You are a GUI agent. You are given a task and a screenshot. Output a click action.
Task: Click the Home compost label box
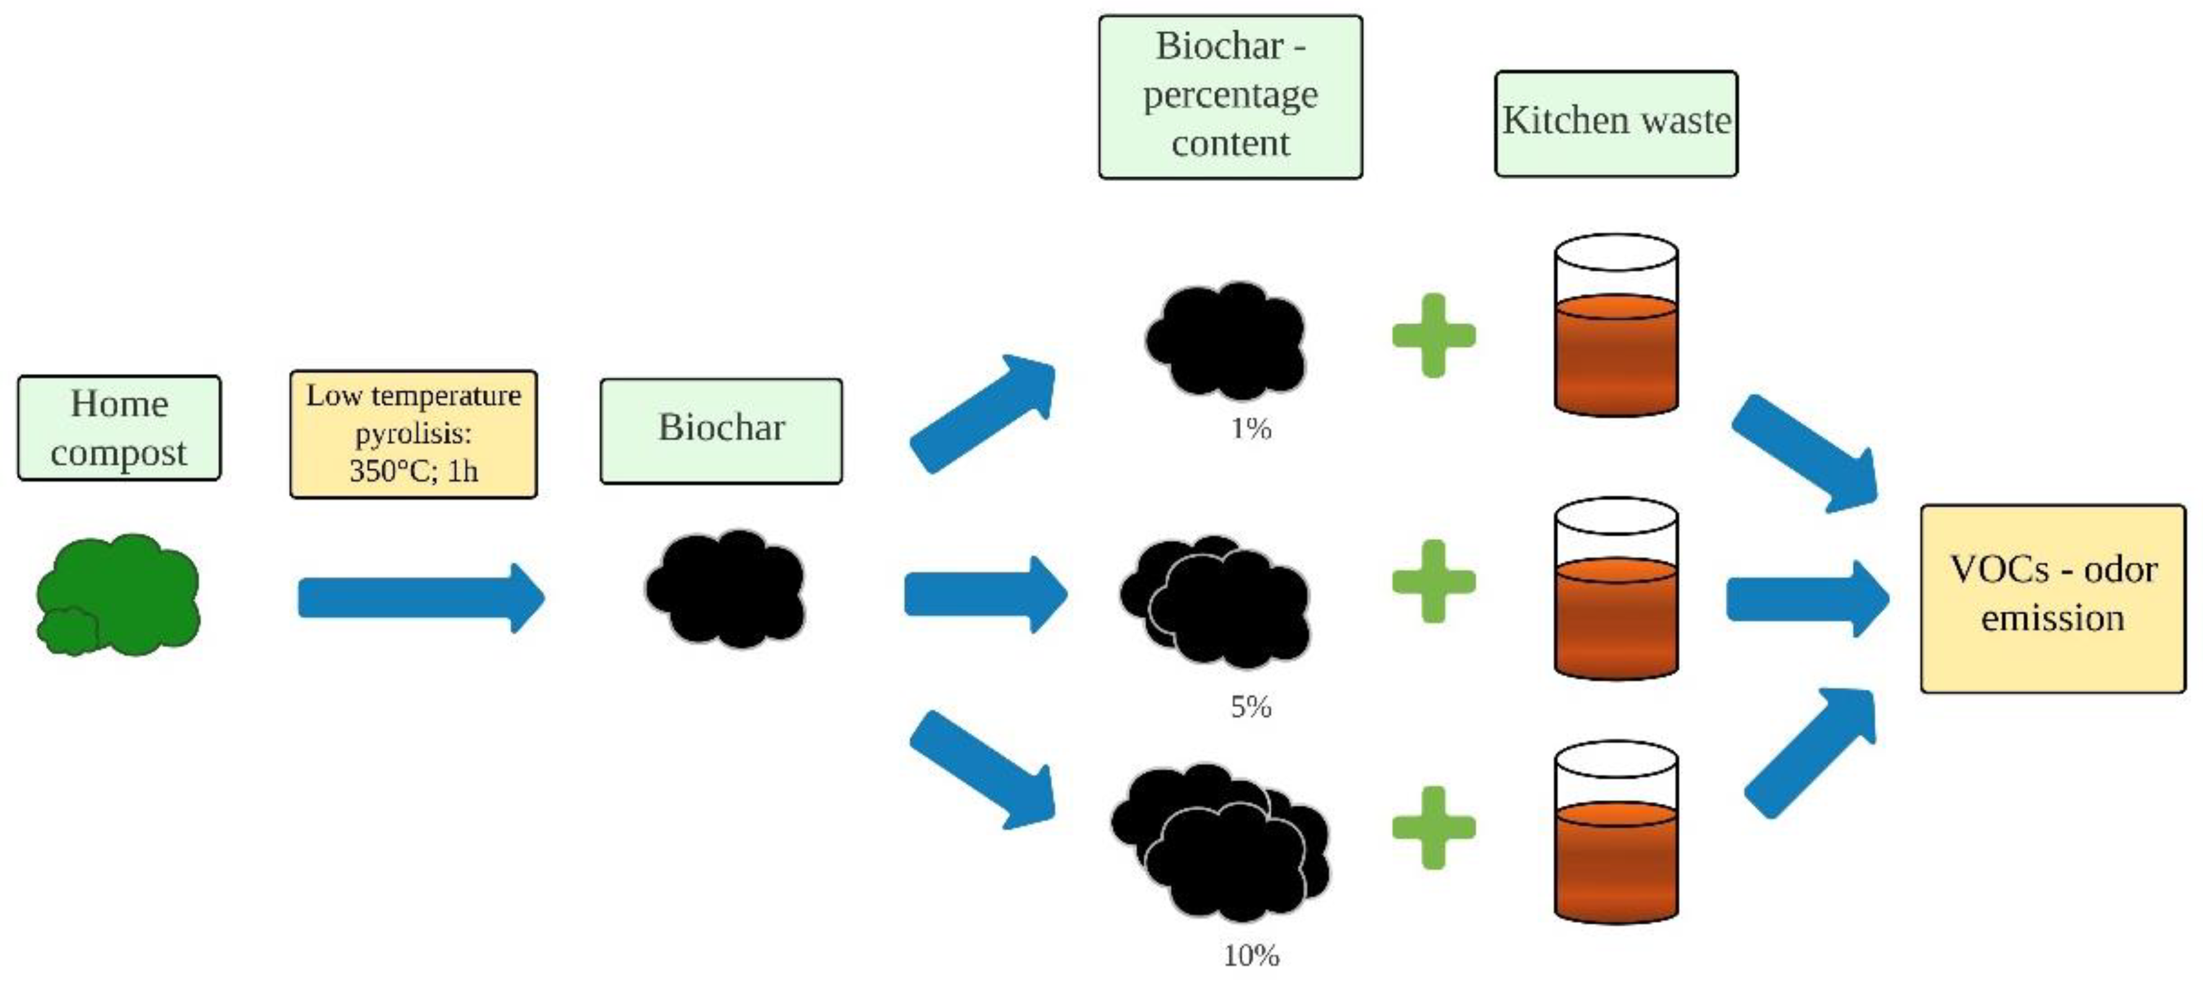tap(119, 428)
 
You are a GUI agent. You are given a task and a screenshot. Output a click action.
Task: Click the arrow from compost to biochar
tap(419, 597)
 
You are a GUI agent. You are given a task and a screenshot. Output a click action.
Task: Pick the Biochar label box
tap(721, 430)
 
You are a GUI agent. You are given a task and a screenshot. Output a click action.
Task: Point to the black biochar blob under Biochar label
tap(725, 588)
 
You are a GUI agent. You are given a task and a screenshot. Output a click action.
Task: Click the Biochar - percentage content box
tap(1230, 95)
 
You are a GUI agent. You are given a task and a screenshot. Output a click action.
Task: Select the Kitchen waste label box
tap(1615, 123)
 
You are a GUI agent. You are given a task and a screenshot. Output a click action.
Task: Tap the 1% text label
tap(1250, 429)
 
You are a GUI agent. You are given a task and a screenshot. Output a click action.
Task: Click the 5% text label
tap(1250, 706)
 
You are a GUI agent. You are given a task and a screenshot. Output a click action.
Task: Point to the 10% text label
tap(1250, 954)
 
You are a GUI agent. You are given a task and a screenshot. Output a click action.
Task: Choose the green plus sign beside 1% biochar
tap(1434, 335)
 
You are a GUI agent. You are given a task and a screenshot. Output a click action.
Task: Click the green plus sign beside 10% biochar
tap(1434, 827)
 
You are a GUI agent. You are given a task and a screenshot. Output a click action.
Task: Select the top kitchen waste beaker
tap(1615, 327)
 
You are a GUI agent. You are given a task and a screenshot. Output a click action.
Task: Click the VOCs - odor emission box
tap(2052, 598)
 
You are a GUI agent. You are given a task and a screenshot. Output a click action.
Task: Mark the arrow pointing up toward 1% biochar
tap(983, 412)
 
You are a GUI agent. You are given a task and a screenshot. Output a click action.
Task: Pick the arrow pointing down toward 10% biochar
tap(983, 770)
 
